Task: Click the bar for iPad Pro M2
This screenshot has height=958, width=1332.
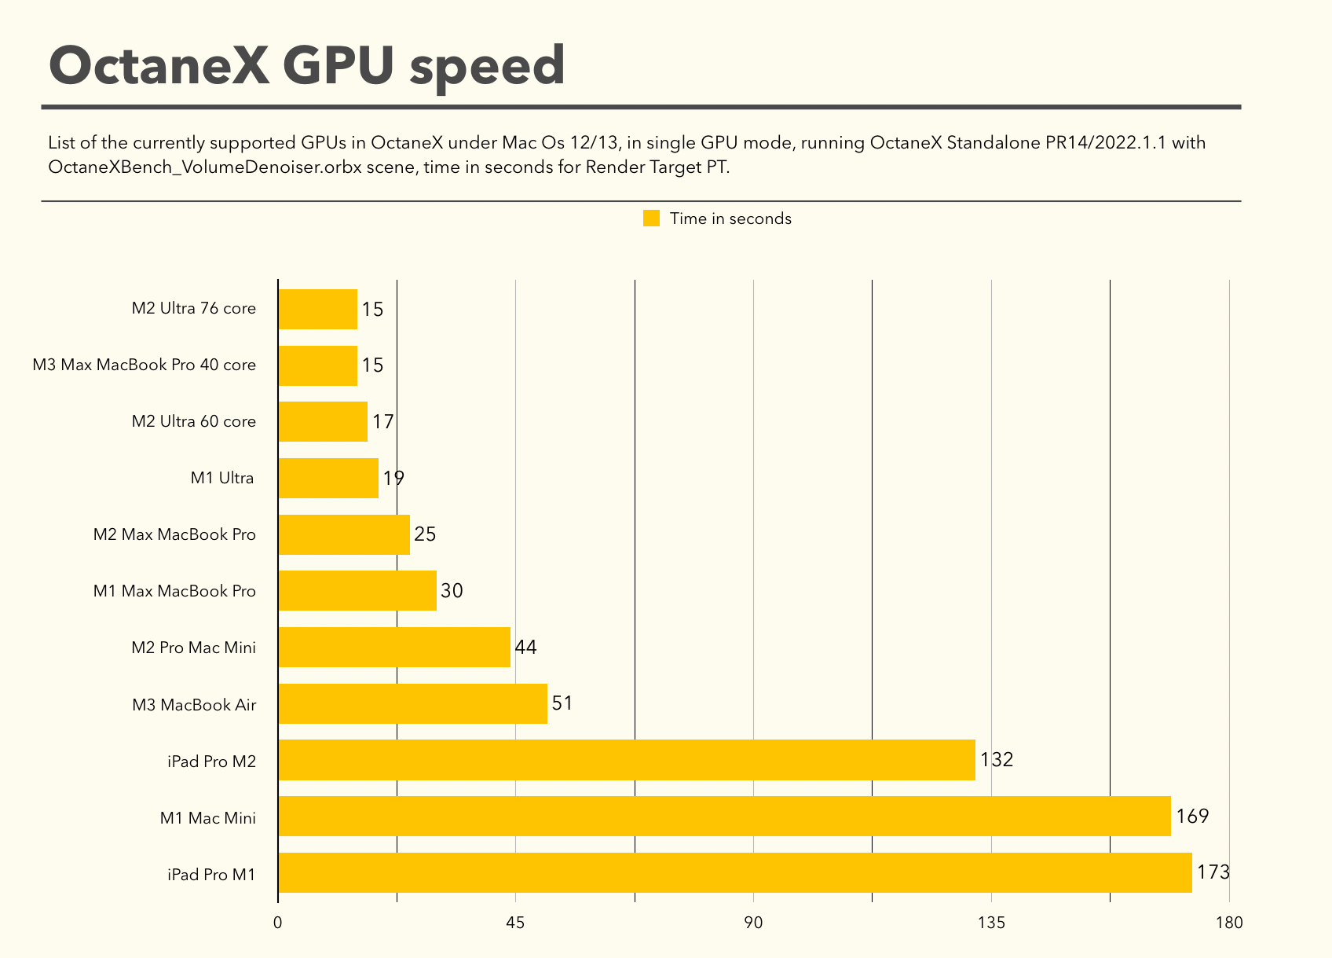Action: tap(627, 760)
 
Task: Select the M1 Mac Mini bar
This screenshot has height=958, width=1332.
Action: tap(724, 817)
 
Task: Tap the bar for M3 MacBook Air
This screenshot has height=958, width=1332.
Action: tap(412, 703)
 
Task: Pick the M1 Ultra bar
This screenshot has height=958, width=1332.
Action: tap(328, 478)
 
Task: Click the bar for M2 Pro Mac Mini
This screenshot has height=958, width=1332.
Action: tap(394, 647)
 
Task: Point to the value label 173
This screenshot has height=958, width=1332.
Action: tap(1213, 872)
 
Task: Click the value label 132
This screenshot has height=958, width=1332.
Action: tap(997, 760)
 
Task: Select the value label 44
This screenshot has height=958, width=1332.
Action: tap(525, 647)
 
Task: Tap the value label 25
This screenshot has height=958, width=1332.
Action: tap(425, 534)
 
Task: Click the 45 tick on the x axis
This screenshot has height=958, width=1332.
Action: tap(515, 923)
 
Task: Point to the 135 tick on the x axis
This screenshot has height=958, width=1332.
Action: tap(991, 923)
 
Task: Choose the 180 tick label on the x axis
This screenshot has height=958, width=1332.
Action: tap(1229, 923)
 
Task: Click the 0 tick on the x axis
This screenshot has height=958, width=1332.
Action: tap(278, 923)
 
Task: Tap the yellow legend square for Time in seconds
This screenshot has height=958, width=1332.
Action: tap(651, 218)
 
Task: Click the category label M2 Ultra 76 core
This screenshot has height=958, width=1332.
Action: tap(193, 308)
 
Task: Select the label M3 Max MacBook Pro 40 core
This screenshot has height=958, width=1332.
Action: tap(145, 365)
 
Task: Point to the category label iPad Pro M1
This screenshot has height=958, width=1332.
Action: tap(211, 874)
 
